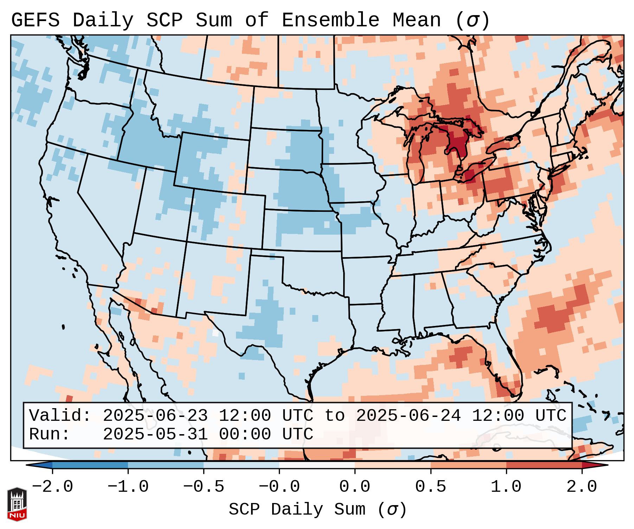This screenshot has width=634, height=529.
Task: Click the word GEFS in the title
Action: [x=35, y=20]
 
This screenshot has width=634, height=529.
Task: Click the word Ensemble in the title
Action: [x=330, y=20]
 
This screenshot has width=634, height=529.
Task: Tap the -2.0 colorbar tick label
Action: [x=52, y=487]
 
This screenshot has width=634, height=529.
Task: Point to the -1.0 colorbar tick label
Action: [x=128, y=487]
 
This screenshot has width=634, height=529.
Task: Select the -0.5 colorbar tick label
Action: [x=204, y=487]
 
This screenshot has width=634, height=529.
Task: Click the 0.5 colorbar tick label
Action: [x=430, y=487]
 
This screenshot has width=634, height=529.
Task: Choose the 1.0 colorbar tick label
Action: [x=506, y=487]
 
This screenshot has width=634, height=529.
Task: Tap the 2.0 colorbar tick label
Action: [x=582, y=487]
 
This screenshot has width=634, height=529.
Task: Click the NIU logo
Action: [x=17, y=504]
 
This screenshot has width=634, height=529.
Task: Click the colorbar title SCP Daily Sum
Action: [x=297, y=510]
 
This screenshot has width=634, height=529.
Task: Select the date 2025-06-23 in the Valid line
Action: [x=155, y=416]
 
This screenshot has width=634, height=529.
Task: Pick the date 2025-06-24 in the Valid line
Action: [x=408, y=416]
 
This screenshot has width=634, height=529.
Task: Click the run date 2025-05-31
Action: [x=155, y=434]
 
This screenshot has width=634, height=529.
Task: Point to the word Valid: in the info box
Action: [x=60, y=416]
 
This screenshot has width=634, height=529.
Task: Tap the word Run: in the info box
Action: [x=50, y=434]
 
